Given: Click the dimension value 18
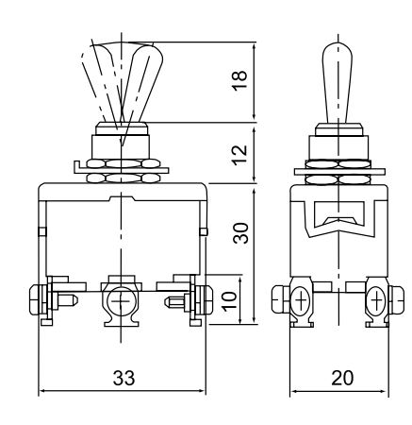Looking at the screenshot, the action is (240, 81).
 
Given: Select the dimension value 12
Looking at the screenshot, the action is (240, 155).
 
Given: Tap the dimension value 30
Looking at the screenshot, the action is (240, 233).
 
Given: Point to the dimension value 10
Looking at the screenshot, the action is (229, 301).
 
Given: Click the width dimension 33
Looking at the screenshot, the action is (124, 378).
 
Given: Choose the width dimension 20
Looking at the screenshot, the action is (342, 378).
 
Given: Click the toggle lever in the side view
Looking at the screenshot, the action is (338, 83).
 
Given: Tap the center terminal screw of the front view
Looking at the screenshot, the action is (121, 301).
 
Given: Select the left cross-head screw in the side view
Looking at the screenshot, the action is (301, 300).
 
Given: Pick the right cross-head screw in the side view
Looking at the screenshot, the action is (376, 300).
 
